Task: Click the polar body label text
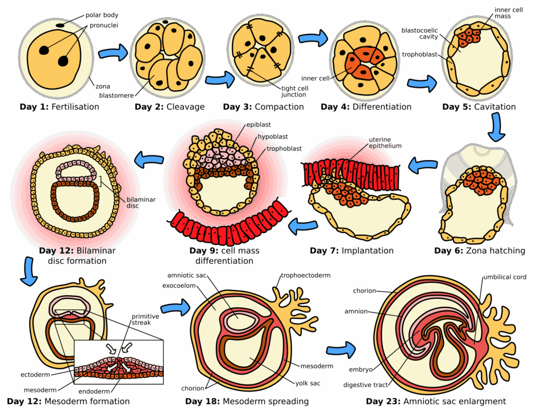pyautogui.click(x=102, y=16)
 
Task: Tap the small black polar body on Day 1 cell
pyautogui.click(x=61, y=24)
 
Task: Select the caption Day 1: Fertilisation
pyautogui.click(x=59, y=107)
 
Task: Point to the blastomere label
pyautogui.click(x=117, y=95)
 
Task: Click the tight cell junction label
pyautogui.click(x=295, y=91)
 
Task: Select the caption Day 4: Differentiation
pyautogui.click(x=366, y=107)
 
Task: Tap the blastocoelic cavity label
pyautogui.click(x=419, y=33)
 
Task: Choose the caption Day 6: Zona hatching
pyautogui.click(x=480, y=251)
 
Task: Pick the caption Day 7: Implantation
pyautogui.click(x=352, y=251)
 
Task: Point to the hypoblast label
pyautogui.click(x=273, y=137)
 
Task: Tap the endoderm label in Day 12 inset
pyautogui.click(x=94, y=391)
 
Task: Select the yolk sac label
pyautogui.click(x=307, y=383)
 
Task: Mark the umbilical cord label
pyautogui.click(x=504, y=277)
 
